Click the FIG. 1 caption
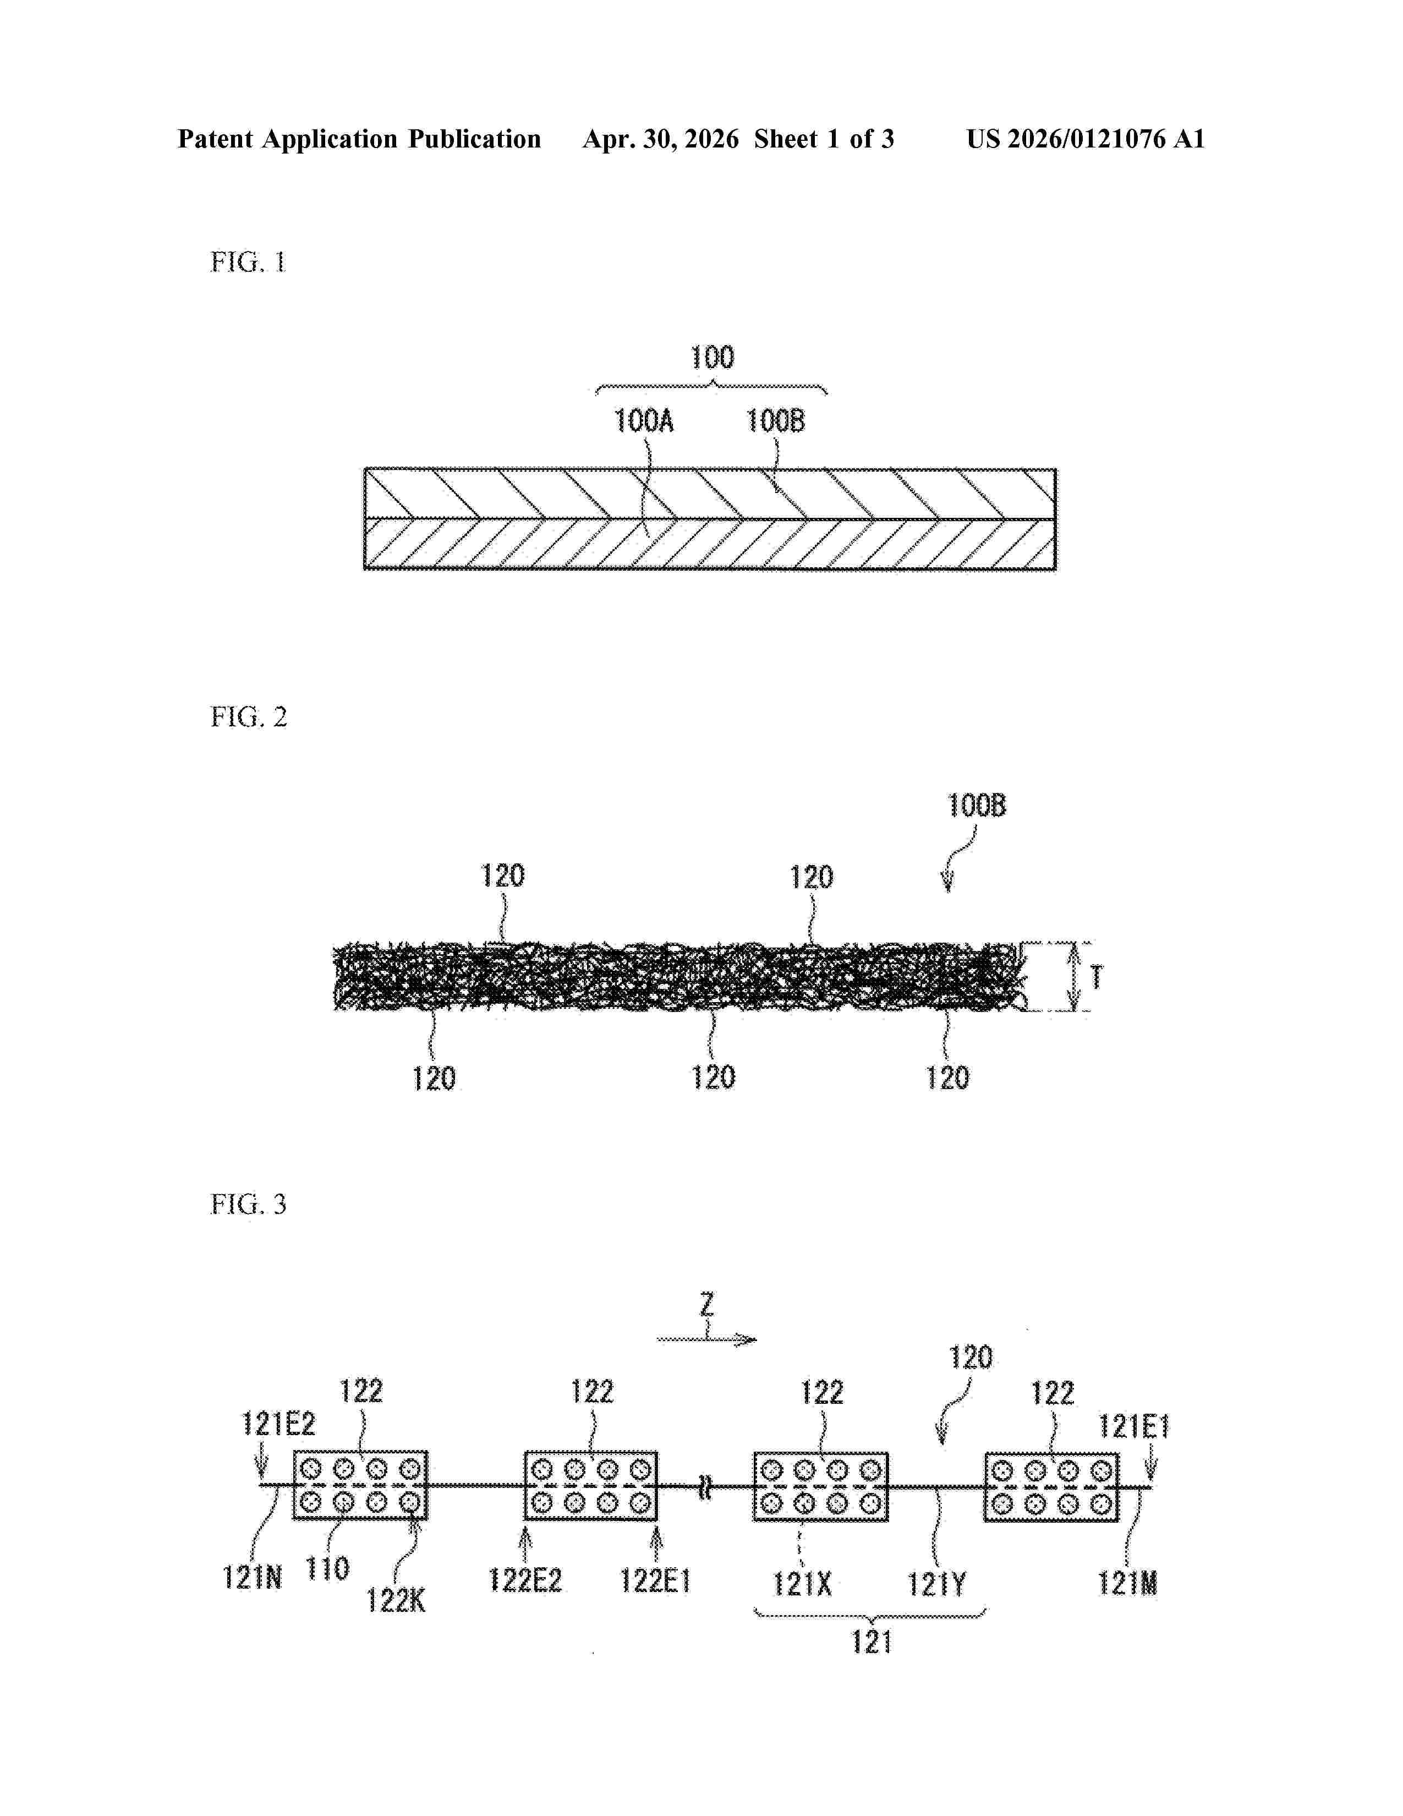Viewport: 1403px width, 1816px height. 248,262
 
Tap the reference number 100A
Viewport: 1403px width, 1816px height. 643,421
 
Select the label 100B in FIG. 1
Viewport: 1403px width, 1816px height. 775,421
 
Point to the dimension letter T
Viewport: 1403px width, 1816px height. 1097,977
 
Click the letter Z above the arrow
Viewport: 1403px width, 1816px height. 706,1304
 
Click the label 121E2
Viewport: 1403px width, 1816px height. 278,1424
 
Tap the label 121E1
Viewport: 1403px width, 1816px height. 1135,1427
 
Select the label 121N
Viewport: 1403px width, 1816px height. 253,1577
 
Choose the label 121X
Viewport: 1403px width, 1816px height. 802,1584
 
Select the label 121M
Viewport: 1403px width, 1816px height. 1128,1583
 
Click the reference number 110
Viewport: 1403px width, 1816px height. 327,1568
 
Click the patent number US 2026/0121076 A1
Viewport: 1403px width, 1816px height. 1086,139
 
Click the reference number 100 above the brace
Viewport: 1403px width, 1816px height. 713,358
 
